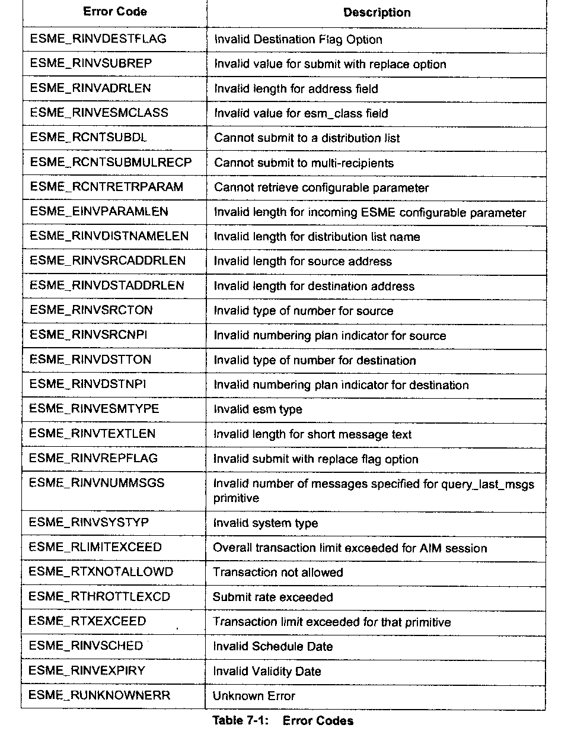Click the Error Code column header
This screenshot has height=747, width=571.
115,12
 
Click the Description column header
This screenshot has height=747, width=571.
377,12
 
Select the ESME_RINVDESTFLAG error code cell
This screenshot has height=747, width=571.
98,39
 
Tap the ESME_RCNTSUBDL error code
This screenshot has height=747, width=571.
88,138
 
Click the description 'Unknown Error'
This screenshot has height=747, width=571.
254,696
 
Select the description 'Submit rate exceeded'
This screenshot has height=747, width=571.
273,597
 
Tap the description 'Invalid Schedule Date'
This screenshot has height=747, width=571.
273,646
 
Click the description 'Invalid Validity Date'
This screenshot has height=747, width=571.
267,671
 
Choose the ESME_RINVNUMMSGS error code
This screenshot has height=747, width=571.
97,483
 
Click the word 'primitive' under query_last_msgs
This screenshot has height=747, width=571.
236,498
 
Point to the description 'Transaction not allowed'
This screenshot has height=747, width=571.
277,572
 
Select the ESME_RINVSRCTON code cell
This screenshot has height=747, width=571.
91,310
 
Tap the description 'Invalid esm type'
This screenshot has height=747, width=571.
258,409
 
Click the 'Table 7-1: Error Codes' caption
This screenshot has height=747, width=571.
283,721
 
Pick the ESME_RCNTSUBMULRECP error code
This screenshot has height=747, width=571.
111,162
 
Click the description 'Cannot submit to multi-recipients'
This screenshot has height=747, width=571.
304,163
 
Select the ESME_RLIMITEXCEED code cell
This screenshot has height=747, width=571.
95,547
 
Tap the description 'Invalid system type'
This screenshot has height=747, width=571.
266,523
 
